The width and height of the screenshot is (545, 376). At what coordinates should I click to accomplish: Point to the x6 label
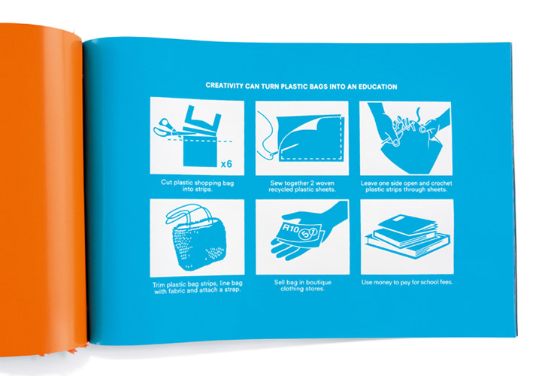[226, 164]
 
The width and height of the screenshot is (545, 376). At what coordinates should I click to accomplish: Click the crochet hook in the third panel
[397, 132]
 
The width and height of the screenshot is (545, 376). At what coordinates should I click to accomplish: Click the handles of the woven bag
[189, 213]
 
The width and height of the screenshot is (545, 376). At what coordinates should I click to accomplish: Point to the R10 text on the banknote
[290, 229]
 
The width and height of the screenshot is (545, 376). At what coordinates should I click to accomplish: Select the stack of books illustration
[407, 236]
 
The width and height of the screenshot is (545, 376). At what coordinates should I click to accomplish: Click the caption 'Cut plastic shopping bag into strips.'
[197, 186]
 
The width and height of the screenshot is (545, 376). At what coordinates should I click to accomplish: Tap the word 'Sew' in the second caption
[277, 183]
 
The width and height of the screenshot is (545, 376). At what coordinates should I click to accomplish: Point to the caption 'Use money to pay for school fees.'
[407, 282]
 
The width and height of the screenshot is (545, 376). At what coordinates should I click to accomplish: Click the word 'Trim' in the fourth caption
[159, 285]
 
